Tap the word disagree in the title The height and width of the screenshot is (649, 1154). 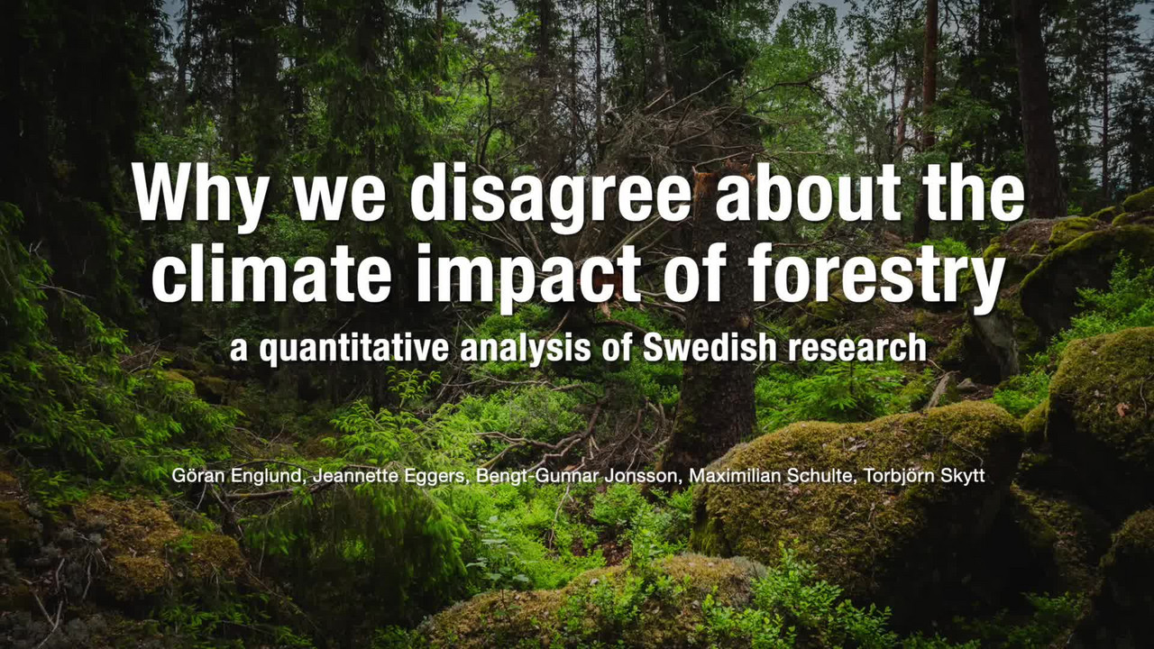click(x=550, y=194)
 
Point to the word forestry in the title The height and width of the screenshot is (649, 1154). click(x=876, y=276)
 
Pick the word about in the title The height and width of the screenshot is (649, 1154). click(x=808, y=192)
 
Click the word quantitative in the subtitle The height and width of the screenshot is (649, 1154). click(x=354, y=350)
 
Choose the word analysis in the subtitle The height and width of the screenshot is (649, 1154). click(x=526, y=350)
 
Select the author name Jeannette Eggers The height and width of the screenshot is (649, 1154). click(x=389, y=476)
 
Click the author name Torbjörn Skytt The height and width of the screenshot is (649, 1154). click(x=924, y=476)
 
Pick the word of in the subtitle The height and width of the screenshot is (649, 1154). click(x=618, y=348)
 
